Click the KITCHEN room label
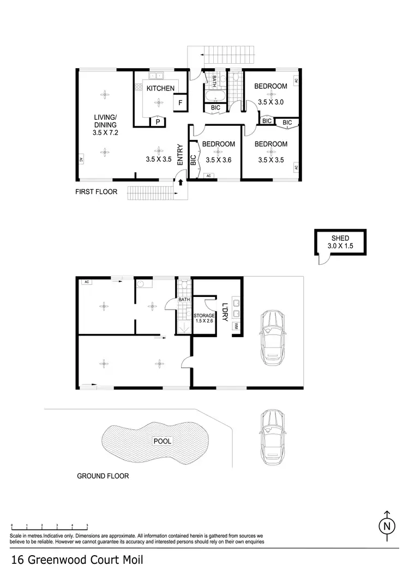click(x=160, y=88)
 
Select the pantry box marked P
click(x=158, y=122)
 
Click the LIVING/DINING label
click(x=105, y=121)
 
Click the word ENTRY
click(x=180, y=155)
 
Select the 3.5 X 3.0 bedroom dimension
click(x=271, y=102)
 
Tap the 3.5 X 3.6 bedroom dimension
click(x=218, y=160)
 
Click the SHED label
click(x=340, y=238)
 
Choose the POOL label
click(x=162, y=441)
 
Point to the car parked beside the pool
click(x=272, y=436)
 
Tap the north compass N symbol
click(x=387, y=526)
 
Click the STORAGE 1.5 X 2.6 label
click(x=204, y=318)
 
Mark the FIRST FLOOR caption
click(x=96, y=192)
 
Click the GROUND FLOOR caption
click(x=103, y=476)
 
